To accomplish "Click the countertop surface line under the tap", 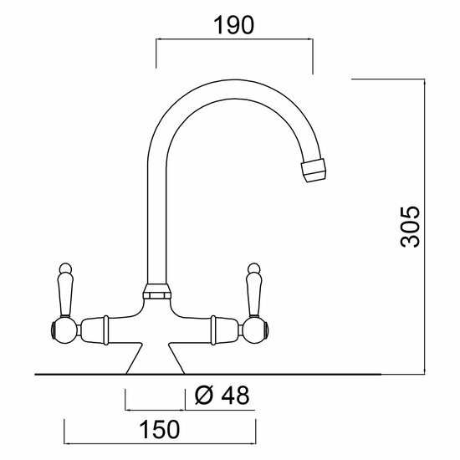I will (251, 373).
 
